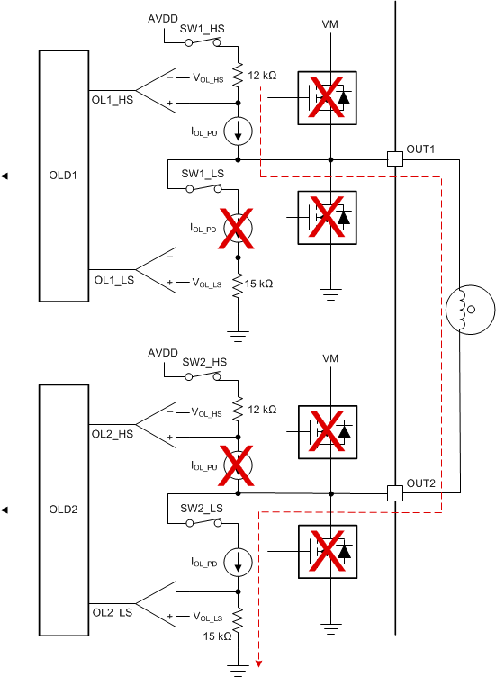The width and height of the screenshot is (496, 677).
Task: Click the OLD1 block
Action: pyautogui.click(x=63, y=176)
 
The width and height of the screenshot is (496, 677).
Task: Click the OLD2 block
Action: pyautogui.click(x=63, y=509)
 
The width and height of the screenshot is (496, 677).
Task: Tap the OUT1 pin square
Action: pyautogui.click(x=394, y=159)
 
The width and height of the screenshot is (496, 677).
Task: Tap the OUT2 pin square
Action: pyautogui.click(x=394, y=492)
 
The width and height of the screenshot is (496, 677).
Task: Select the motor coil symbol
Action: pyautogui.click(x=468, y=311)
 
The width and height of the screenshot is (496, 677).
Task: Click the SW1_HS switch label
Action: pyautogui.click(x=203, y=29)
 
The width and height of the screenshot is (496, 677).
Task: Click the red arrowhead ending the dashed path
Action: pyautogui.click(x=259, y=664)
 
